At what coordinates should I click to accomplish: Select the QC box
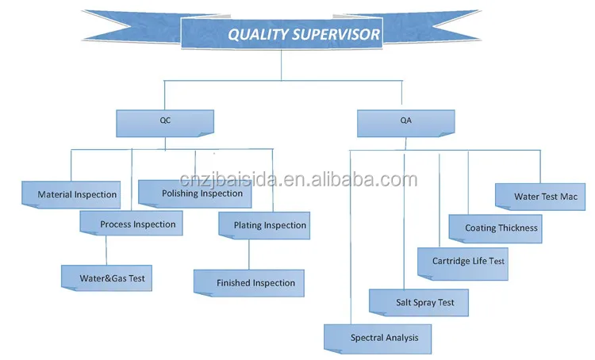164,122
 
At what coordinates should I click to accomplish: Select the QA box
405,123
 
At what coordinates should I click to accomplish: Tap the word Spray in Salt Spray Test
426,303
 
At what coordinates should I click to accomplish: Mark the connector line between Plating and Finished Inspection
249,254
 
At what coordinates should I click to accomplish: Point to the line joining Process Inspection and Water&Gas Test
106,250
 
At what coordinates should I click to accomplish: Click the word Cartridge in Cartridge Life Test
451,261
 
